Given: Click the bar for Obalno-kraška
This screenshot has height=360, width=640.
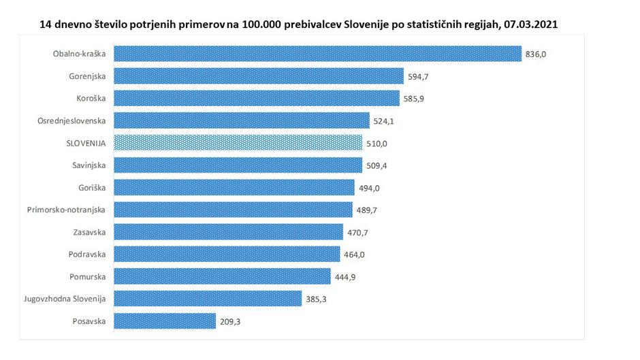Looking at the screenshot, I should (x=317, y=54).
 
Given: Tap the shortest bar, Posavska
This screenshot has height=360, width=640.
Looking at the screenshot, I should (x=164, y=321).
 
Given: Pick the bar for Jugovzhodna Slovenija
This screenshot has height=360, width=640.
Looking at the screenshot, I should (x=207, y=298).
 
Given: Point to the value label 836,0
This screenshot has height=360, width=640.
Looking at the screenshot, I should (x=536, y=54).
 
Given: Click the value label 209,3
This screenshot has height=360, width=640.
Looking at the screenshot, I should (x=229, y=321).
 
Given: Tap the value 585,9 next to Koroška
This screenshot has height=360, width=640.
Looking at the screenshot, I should (x=414, y=99).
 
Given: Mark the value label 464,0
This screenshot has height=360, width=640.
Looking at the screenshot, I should (x=353, y=255).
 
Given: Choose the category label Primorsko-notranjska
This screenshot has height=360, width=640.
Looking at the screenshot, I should (x=67, y=210).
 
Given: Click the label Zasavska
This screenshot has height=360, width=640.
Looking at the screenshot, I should (x=89, y=232).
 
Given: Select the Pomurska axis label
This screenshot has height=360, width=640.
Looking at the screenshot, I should (x=88, y=276).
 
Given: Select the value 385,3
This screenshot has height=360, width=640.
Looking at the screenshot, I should (x=315, y=299).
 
